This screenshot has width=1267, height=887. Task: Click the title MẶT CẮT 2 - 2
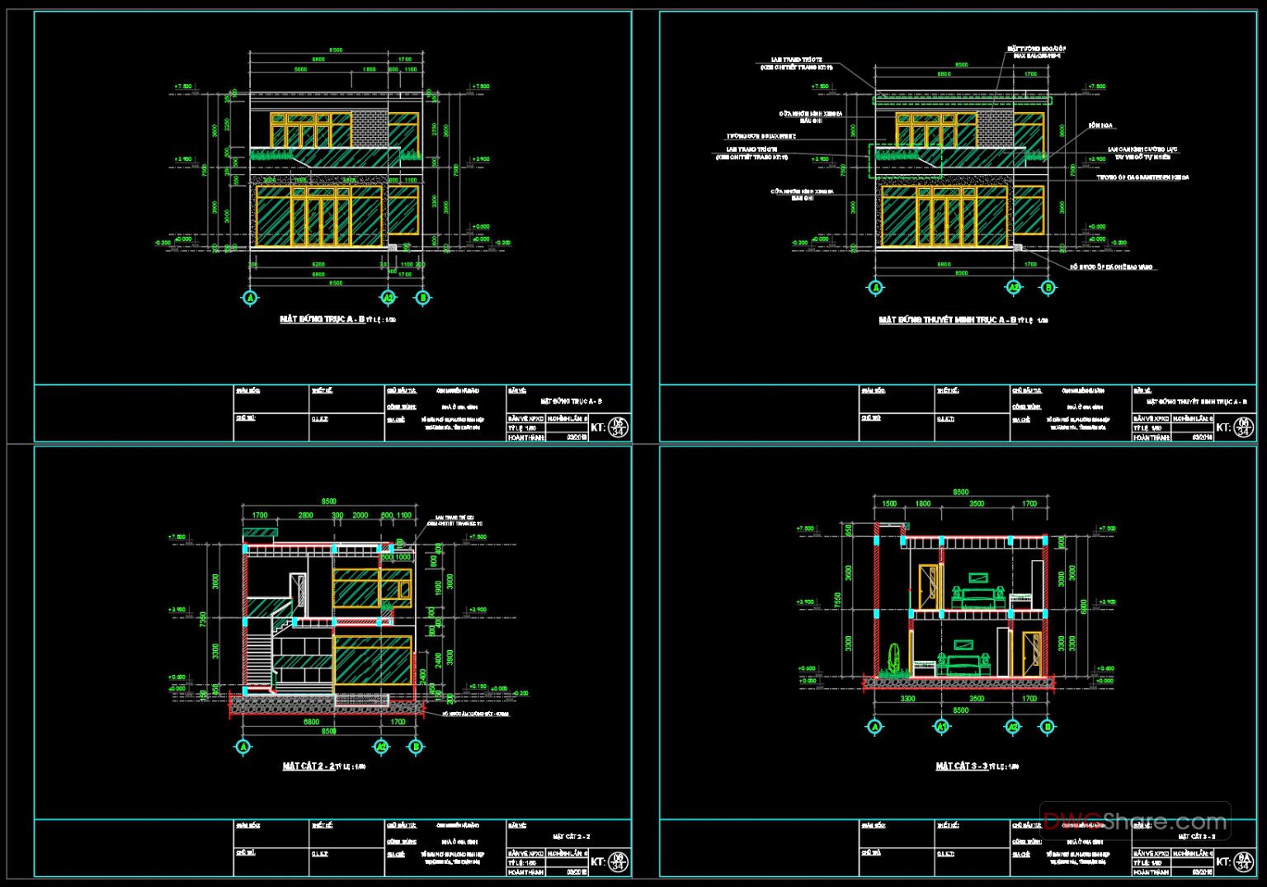[x=309, y=767]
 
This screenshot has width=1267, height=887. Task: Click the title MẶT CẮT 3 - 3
[x=962, y=767]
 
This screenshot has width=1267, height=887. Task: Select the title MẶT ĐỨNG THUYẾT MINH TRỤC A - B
[x=947, y=319]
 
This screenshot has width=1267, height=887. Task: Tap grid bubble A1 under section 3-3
[x=941, y=727]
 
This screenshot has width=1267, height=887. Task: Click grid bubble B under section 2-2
[x=416, y=747]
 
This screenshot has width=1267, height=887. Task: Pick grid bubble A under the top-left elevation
[x=251, y=298]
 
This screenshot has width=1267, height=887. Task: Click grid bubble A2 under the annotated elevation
[x=1014, y=287]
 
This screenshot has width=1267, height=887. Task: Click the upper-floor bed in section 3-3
[x=978, y=597]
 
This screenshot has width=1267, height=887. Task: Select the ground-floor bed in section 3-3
[x=962, y=664]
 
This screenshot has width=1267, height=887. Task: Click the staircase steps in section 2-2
[x=260, y=656]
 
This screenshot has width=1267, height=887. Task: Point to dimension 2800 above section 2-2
[x=305, y=515]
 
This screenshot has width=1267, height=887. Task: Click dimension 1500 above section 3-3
[x=888, y=503]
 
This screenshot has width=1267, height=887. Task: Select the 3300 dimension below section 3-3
[x=907, y=698]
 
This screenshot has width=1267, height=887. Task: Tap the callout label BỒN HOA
[x=1100, y=125]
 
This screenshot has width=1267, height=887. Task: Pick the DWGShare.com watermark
[x=1135, y=821]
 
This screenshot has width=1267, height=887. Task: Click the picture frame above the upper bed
[x=979, y=576]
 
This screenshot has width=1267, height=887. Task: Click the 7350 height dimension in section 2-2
[x=204, y=619]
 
